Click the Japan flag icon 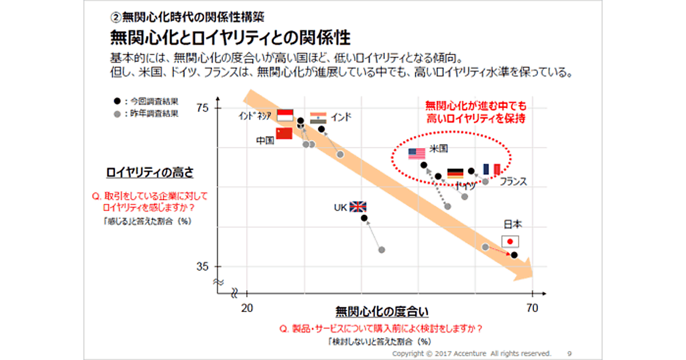[x=510, y=241]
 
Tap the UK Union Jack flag [x=358, y=207]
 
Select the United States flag [x=417, y=153]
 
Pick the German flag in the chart [x=455, y=173]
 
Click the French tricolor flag [x=492, y=169]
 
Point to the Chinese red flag [x=284, y=133]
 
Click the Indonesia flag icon [x=285, y=115]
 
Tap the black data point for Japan [x=514, y=255]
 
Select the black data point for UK [x=364, y=218]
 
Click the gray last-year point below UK [x=382, y=250]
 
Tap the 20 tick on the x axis [x=247, y=309]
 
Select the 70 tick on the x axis [x=532, y=309]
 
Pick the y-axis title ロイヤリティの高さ [x=150, y=173]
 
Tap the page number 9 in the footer [x=569, y=354]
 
